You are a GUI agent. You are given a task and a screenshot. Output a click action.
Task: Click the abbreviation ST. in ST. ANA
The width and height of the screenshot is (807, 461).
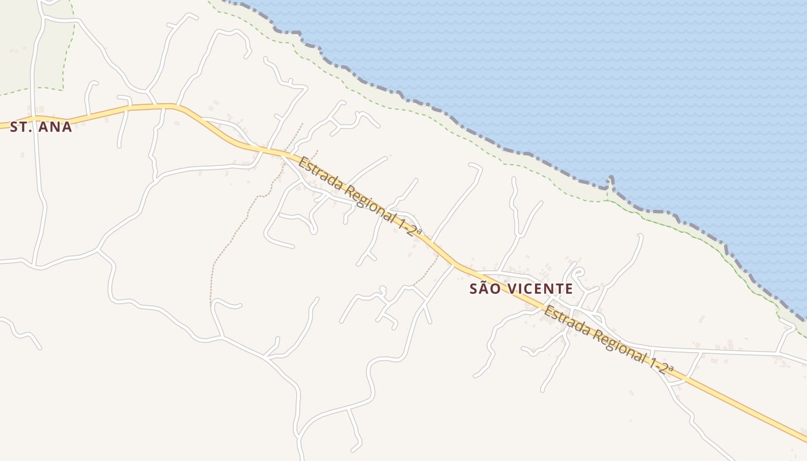[21, 127]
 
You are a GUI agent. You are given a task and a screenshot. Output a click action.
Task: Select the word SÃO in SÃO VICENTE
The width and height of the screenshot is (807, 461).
[484, 289]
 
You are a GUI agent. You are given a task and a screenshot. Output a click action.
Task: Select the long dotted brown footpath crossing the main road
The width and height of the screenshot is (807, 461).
[242, 219]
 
